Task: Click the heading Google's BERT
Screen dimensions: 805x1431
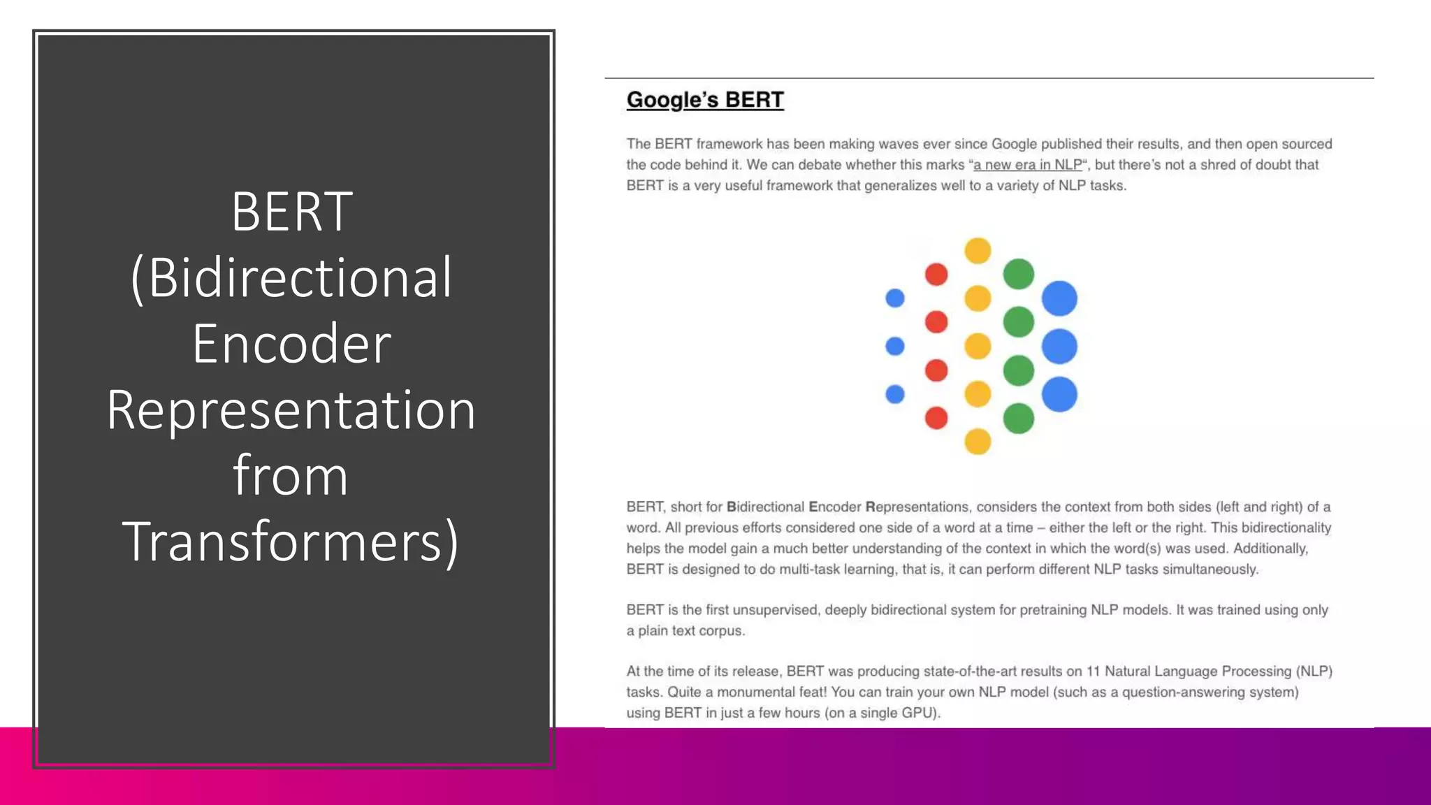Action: point(704,100)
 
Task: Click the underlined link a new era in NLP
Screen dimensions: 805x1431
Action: point(1027,165)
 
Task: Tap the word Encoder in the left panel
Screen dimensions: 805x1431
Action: point(291,344)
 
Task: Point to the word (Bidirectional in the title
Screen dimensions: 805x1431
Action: point(291,278)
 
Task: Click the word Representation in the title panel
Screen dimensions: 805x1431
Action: point(291,409)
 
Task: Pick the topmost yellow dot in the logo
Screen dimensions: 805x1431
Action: point(978,250)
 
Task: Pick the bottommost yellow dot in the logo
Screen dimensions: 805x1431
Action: point(978,442)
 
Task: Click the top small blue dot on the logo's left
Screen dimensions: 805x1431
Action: point(895,298)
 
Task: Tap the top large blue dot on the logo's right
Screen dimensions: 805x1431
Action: point(1059,298)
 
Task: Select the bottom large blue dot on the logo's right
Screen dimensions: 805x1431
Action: point(1059,394)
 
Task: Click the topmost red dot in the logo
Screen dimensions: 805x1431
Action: point(936,275)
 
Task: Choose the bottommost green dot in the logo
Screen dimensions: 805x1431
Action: point(1018,419)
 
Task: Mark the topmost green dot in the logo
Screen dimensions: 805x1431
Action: point(1018,274)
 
